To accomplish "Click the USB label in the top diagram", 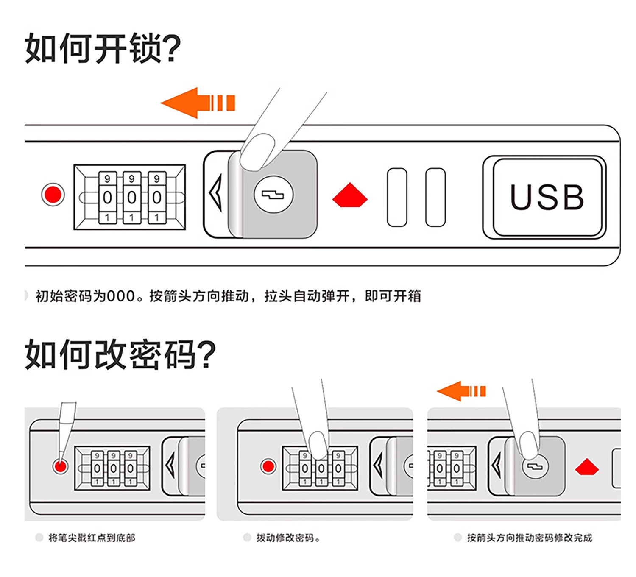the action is click(x=547, y=197).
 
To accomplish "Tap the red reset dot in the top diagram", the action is click(x=53, y=194).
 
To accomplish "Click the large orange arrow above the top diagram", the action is click(x=198, y=103).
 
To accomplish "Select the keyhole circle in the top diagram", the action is click(x=273, y=194).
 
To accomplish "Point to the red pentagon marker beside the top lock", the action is click(x=350, y=195).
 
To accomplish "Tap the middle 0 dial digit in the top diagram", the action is click(x=131, y=198).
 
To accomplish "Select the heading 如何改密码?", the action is click(x=120, y=354).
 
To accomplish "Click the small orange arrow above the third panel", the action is click(x=461, y=391).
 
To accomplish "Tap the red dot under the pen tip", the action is click(x=60, y=466).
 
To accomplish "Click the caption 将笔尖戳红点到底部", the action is click(x=92, y=538).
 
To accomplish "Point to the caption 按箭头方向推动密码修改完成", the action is click(x=530, y=538).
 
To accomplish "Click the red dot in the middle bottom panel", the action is click(x=268, y=466).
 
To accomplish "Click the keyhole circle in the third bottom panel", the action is click(x=535, y=466).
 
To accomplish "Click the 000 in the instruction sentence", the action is click(x=121, y=296).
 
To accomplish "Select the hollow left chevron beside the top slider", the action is click(x=216, y=193).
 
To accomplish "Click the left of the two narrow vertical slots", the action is click(x=397, y=197).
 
